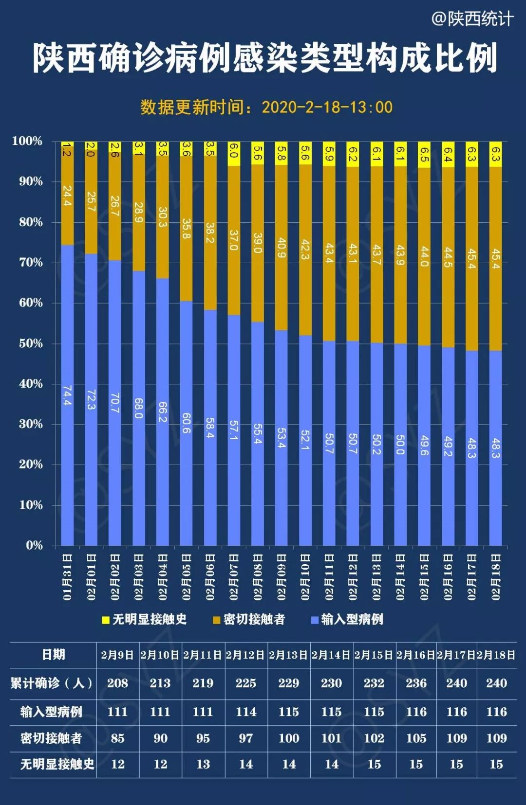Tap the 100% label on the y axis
click(x=27, y=141)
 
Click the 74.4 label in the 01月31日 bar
click(x=67, y=396)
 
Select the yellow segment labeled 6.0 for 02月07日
click(x=234, y=154)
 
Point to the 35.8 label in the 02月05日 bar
click(x=186, y=229)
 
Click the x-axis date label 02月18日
click(x=496, y=577)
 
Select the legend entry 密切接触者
click(x=249, y=619)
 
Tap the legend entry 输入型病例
click(x=347, y=619)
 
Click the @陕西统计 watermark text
click(x=472, y=19)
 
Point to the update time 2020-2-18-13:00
click(x=327, y=107)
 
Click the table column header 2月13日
click(x=288, y=655)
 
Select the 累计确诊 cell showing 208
click(x=117, y=683)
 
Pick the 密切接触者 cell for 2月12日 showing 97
click(x=246, y=738)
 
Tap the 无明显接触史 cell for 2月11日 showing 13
click(x=203, y=764)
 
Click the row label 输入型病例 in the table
click(x=51, y=712)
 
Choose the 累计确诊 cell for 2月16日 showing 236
click(x=416, y=683)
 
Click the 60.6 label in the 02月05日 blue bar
click(x=186, y=423)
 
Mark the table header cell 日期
click(x=53, y=655)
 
